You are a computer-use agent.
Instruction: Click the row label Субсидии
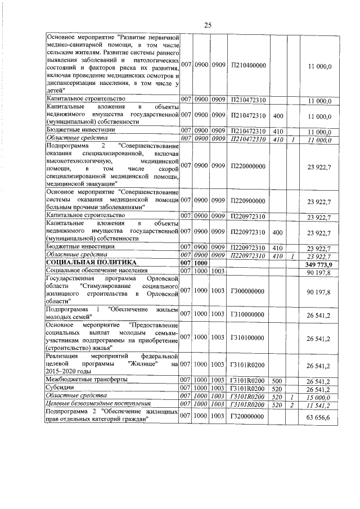coord(61,388)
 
